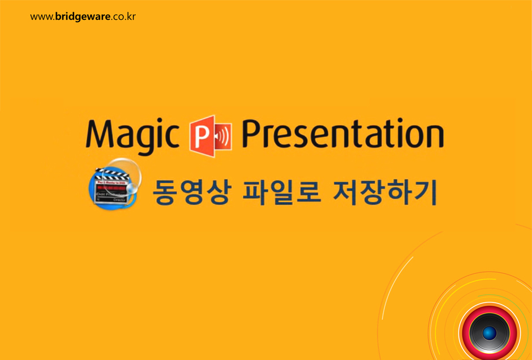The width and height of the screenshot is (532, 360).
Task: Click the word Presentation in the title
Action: tap(342, 135)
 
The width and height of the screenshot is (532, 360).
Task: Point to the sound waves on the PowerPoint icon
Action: tap(225, 136)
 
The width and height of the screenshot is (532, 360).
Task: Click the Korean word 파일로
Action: tap(282, 193)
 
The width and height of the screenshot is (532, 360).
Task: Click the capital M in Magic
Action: tap(98, 134)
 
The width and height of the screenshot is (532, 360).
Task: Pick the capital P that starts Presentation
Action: tap(253, 134)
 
